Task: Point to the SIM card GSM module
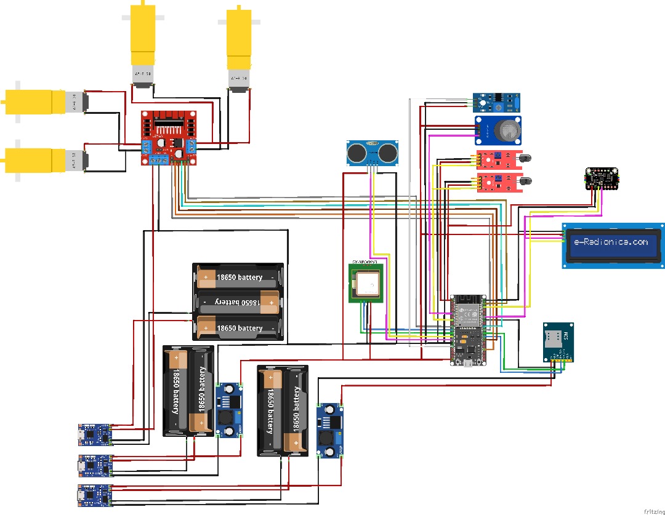point(558,341)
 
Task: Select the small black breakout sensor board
point(601,179)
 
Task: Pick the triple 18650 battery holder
point(238,302)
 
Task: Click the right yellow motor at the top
point(239,46)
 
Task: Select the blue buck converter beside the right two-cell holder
point(330,431)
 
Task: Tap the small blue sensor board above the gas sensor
point(497,100)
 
